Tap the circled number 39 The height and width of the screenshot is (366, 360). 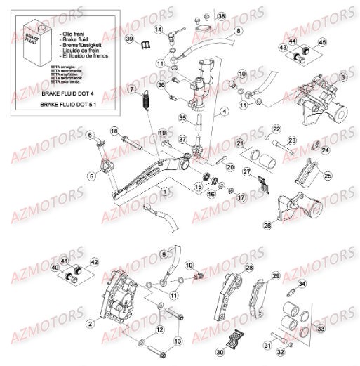coord(130,38)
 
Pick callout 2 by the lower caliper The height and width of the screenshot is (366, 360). coord(91,324)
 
